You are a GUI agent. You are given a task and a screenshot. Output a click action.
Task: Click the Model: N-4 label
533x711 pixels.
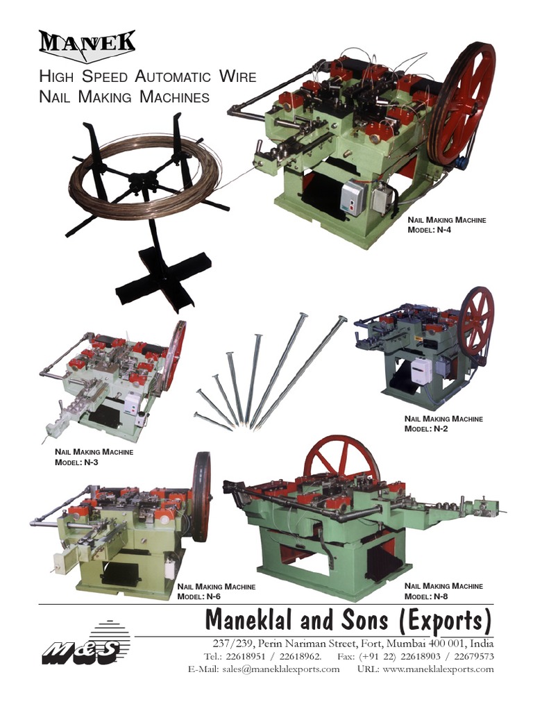(x=429, y=230)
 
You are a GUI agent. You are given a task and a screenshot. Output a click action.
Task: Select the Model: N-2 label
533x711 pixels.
(x=426, y=428)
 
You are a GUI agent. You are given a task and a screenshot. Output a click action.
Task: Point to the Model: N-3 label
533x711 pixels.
(x=76, y=462)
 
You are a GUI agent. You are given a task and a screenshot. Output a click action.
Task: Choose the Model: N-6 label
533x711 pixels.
(x=198, y=596)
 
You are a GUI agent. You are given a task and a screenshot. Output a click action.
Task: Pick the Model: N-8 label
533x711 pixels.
(x=426, y=596)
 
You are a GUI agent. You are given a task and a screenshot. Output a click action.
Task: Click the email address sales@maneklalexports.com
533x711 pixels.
(x=281, y=669)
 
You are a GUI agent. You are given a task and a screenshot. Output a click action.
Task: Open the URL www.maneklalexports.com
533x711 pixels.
(x=439, y=669)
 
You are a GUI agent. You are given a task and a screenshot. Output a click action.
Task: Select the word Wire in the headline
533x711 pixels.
(x=238, y=76)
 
